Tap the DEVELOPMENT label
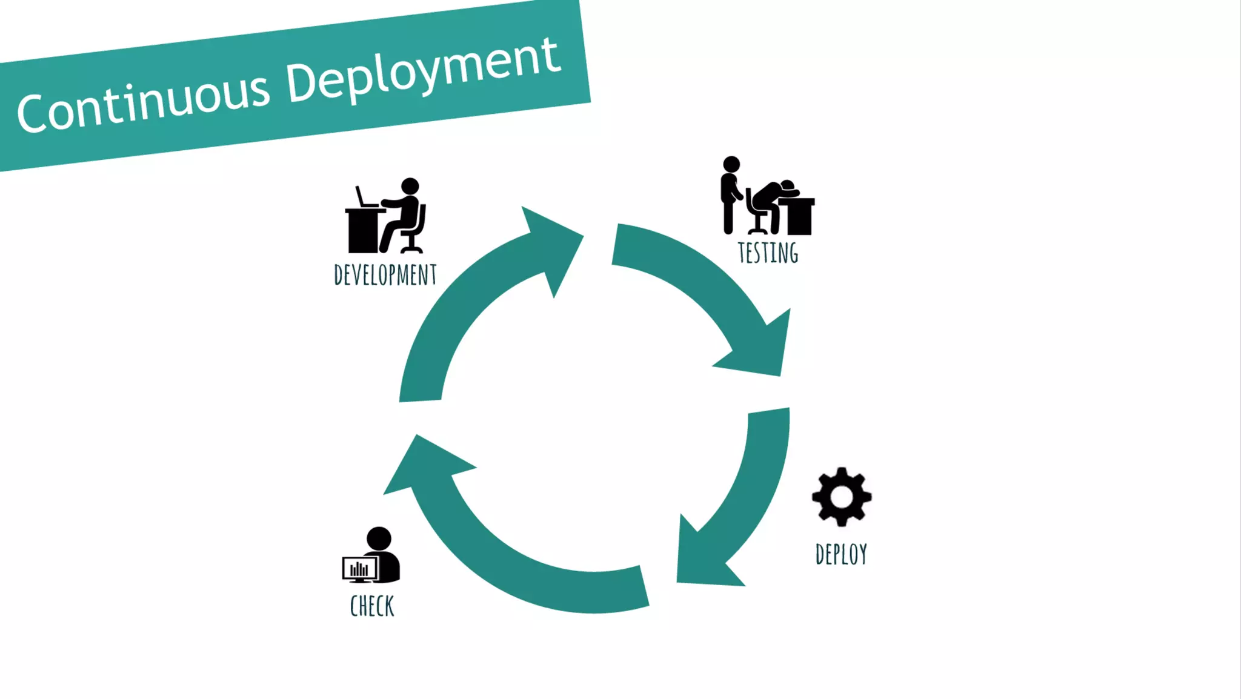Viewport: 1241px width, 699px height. pos(385,275)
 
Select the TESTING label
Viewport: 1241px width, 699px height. pos(768,253)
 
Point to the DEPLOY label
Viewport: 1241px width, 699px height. pos(841,554)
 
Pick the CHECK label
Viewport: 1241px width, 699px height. pos(372,606)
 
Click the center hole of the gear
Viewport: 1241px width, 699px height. pos(842,497)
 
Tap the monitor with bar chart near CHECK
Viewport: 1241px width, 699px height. pos(359,569)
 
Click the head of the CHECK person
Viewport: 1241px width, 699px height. pos(379,538)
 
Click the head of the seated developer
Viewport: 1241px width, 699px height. pos(410,186)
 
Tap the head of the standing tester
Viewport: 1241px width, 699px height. pos(731,164)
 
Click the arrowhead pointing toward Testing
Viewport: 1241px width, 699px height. pos(551,242)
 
